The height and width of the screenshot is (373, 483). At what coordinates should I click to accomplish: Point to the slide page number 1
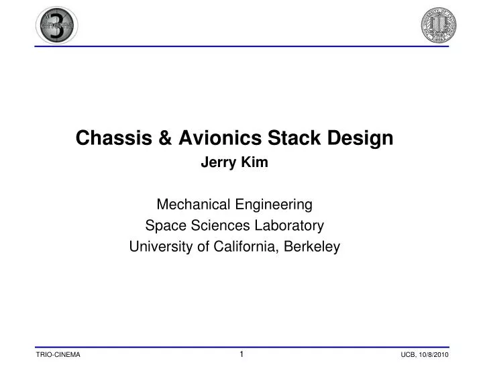point(241,353)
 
